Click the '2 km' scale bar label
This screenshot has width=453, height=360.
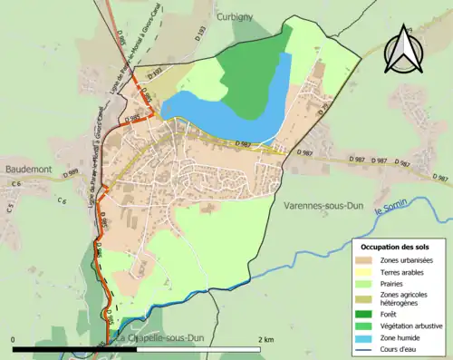tap(265, 339)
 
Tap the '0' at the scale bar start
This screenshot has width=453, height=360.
tap(14, 339)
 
